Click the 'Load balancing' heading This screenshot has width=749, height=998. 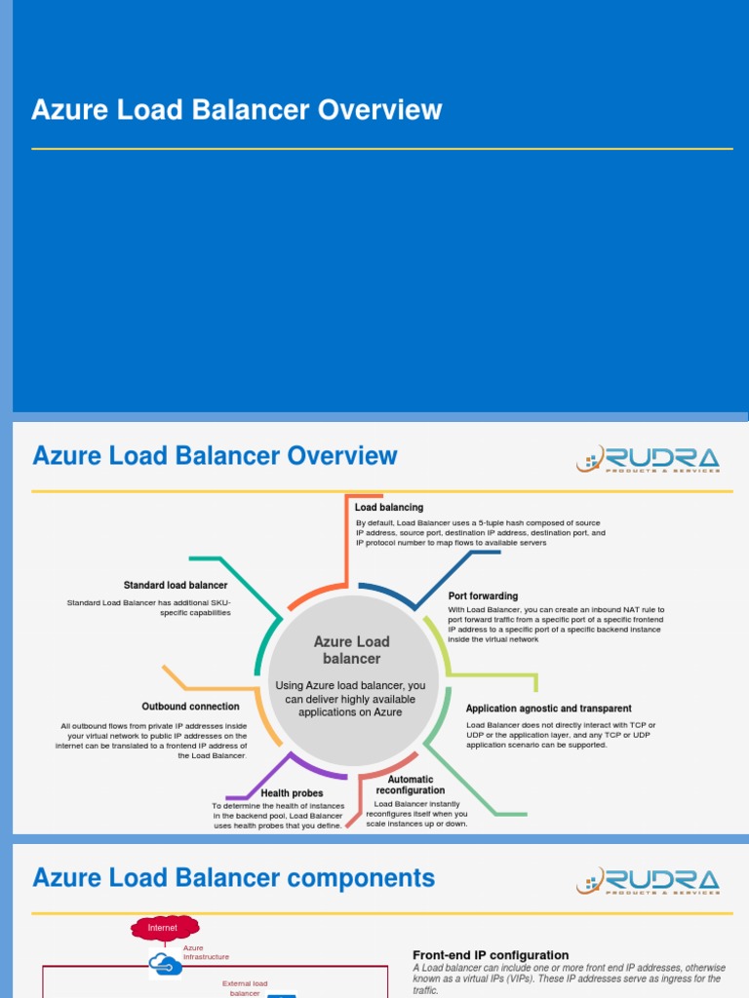pyautogui.click(x=389, y=508)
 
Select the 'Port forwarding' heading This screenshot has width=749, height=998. pyautogui.click(x=483, y=595)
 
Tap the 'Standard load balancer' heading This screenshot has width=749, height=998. pyautogui.click(x=176, y=585)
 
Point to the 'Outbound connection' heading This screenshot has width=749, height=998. pyautogui.click(x=190, y=707)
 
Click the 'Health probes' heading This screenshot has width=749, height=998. pyautogui.click(x=292, y=793)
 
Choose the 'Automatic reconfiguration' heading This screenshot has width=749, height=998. pyautogui.click(x=411, y=785)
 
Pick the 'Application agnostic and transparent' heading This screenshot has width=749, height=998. pyautogui.click(x=548, y=709)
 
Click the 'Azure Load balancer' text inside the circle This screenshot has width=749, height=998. pyautogui.click(x=351, y=650)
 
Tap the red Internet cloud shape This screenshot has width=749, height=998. pyautogui.click(x=164, y=928)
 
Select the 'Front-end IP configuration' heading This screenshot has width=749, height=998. pyautogui.click(x=491, y=955)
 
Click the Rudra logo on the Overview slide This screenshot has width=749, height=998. pyautogui.click(x=648, y=459)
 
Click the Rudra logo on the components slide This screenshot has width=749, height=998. pyautogui.click(x=648, y=882)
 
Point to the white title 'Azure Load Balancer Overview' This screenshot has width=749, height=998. pyautogui.click(x=237, y=110)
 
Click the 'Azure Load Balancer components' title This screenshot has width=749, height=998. pyautogui.click(x=234, y=878)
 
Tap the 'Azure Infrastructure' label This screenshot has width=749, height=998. pyautogui.click(x=206, y=952)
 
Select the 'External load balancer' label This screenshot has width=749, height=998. pyautogui.click(x=245, y=987)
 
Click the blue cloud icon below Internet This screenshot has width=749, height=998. pyautogui.click(x=165, y=965)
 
